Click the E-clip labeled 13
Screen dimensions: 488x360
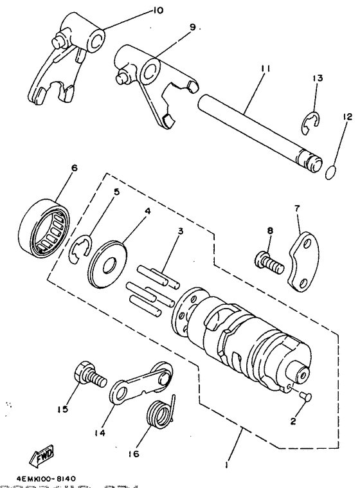pyautogui.click(x=310, y=125)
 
